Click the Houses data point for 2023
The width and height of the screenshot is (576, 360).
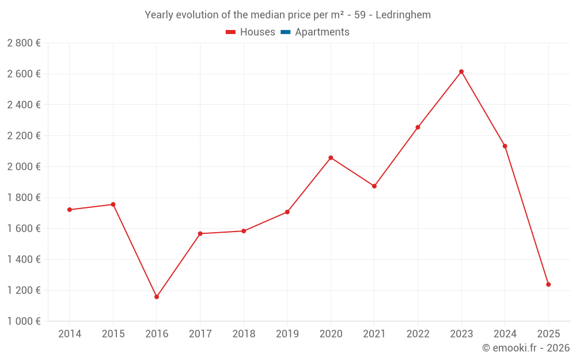click(x=461, y=71)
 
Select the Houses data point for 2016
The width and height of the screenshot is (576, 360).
click(x=157, y=297)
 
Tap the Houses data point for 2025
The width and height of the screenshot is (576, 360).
click(x=548, y=285)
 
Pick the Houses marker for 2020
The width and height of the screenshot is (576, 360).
click(x=331, y=157)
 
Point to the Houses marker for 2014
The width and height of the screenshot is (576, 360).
click(x=70, y=210)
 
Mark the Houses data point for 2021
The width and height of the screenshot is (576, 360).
click(x=374, y=186)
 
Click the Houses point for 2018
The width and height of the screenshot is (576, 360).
click(x=244, y=231)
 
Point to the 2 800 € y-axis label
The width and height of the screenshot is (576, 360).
click(x=24, y=43)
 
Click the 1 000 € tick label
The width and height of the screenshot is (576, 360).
click(x=24, y=321)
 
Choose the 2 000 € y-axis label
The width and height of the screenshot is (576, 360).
click(x=24, y=166)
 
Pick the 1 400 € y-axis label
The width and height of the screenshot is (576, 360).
click(x=24, y=259)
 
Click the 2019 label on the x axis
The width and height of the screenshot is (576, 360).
click(x=287, y=334)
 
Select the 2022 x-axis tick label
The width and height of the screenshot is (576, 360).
click(x=418, y=334)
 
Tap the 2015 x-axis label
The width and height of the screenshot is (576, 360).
click(x=113, y=334)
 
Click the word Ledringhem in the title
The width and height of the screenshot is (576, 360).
click(x=403, y=15)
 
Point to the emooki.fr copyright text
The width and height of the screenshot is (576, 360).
click(x=526, y=348)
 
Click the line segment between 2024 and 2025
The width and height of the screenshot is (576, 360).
click(x=526, y=215)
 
